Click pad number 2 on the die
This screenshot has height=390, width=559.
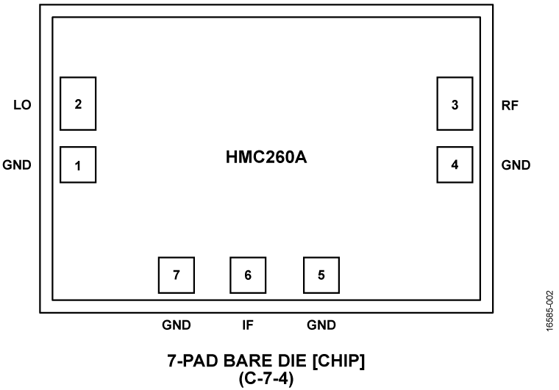[x=78, y=103]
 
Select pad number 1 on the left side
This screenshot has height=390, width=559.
[x=78, y=165]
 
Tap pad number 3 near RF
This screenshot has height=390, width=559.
[x=455, y=104]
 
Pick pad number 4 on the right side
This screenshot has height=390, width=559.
[x=455, y=165]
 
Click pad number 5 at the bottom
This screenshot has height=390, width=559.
[x=321, y=275]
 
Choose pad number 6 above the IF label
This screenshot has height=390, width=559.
[x=248, y=275]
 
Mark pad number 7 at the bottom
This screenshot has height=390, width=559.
[x=177, y=275]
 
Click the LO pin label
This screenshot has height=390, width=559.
[x=22, y=105]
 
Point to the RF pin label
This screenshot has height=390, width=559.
[x=510, y=105]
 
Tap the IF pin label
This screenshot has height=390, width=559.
[x=249, y=325]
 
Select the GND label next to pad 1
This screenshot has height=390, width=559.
[x=18, y=165]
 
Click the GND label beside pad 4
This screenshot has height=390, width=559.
[x=516, y=165]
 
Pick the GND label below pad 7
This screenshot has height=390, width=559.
[x=177, y=325]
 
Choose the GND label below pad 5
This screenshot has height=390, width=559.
[x=321, y=325]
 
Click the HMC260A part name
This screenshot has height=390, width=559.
[x=266, y=157]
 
